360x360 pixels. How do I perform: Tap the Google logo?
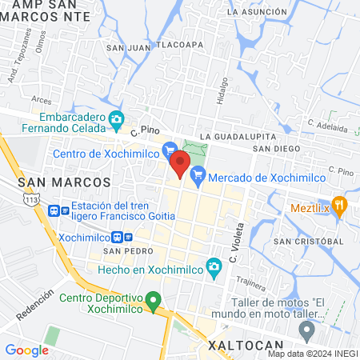[26, 350]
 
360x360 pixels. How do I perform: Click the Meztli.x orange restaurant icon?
[339, 205]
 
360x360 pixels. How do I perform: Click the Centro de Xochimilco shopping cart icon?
[169, 149]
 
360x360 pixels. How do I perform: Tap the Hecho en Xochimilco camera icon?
[214, 266]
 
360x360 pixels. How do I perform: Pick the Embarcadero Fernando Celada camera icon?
[116, 121]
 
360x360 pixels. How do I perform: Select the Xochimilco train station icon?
[118, 238]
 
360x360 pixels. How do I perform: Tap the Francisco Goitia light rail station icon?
[54, 211]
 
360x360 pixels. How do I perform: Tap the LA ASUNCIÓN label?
[256, 13]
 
